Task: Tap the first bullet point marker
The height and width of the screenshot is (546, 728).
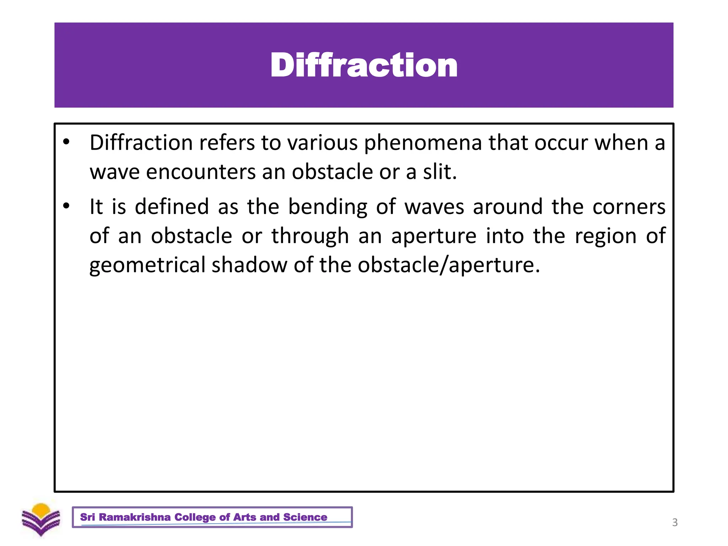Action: click(66, 142)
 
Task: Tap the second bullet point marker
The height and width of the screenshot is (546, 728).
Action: click(66, 206)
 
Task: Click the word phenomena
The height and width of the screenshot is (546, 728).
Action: click(423, 143)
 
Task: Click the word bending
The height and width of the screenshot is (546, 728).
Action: click(327, 207)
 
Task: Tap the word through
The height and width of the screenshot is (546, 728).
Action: click(310, 236)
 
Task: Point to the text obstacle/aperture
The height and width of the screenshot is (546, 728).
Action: click(448, 266)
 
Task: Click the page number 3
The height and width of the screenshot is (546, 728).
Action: click(675, 523)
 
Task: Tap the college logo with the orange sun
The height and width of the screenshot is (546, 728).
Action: click(41, 519)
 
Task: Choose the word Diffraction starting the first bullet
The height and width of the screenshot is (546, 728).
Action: click(141, 143)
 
